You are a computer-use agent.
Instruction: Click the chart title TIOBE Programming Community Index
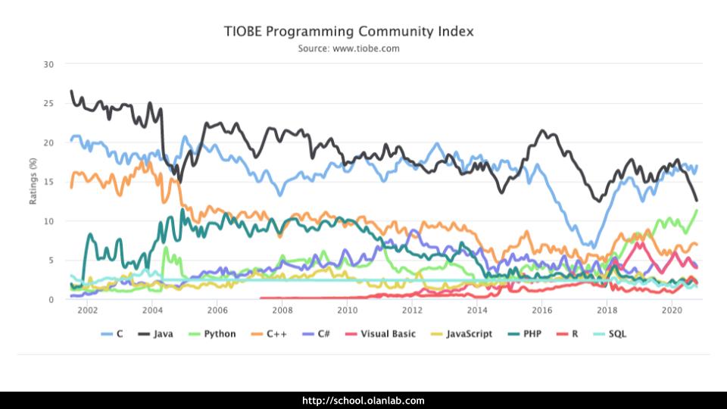348,32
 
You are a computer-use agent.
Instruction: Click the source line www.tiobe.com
348,48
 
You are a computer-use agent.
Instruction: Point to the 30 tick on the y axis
48,64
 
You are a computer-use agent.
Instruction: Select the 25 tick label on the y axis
48,103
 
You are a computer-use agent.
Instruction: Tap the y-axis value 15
48,182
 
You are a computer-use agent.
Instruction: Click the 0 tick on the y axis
51,300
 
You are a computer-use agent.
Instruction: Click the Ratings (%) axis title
33,181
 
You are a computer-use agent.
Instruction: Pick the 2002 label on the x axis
87,311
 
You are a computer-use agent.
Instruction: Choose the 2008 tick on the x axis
282,311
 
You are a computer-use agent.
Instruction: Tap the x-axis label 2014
477,311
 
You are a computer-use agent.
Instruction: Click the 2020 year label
672,311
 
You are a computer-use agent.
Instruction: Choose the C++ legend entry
270,334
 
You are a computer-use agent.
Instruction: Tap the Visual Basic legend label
382,334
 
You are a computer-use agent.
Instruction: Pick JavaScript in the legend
462,334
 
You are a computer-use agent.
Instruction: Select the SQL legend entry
612,334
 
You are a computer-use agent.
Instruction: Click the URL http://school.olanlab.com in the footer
363,401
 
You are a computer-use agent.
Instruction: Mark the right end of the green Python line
696,211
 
